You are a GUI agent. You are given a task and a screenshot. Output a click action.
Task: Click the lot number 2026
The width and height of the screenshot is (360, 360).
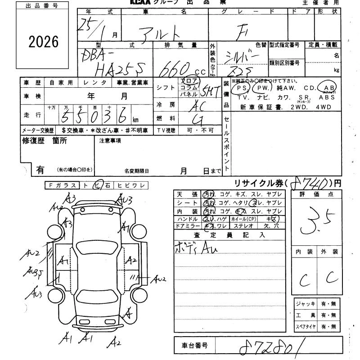44,41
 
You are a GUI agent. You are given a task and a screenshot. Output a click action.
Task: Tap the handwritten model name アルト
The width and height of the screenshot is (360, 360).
162,31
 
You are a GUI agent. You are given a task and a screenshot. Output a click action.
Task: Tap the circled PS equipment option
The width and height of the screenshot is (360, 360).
243,88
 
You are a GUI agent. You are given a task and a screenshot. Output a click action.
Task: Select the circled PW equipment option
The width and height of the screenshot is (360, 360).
263,88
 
